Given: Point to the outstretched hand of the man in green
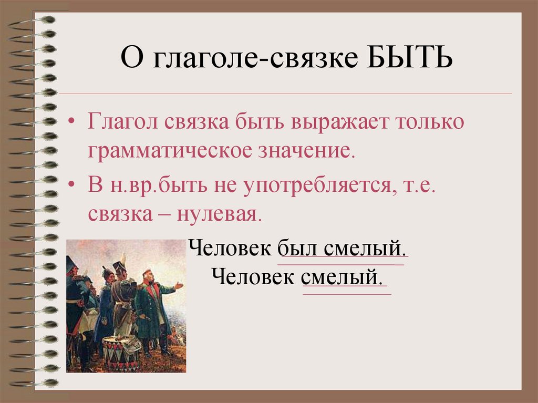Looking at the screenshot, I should (x=180, y=285).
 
